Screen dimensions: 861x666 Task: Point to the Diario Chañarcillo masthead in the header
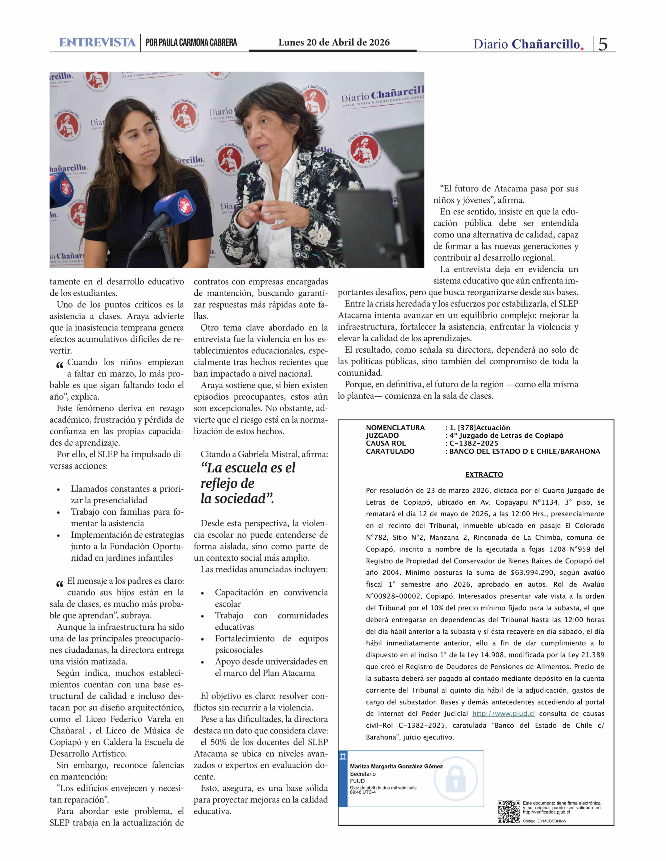pyautogui.click(x=528, y=44)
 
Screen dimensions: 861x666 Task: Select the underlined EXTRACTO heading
pyautogui.click(x=484, y=475)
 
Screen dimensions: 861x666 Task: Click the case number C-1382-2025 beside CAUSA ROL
pyautogui.click(x=474, y=443)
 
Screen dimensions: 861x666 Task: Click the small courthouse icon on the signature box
pyautogui.click(x=343, y=756)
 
